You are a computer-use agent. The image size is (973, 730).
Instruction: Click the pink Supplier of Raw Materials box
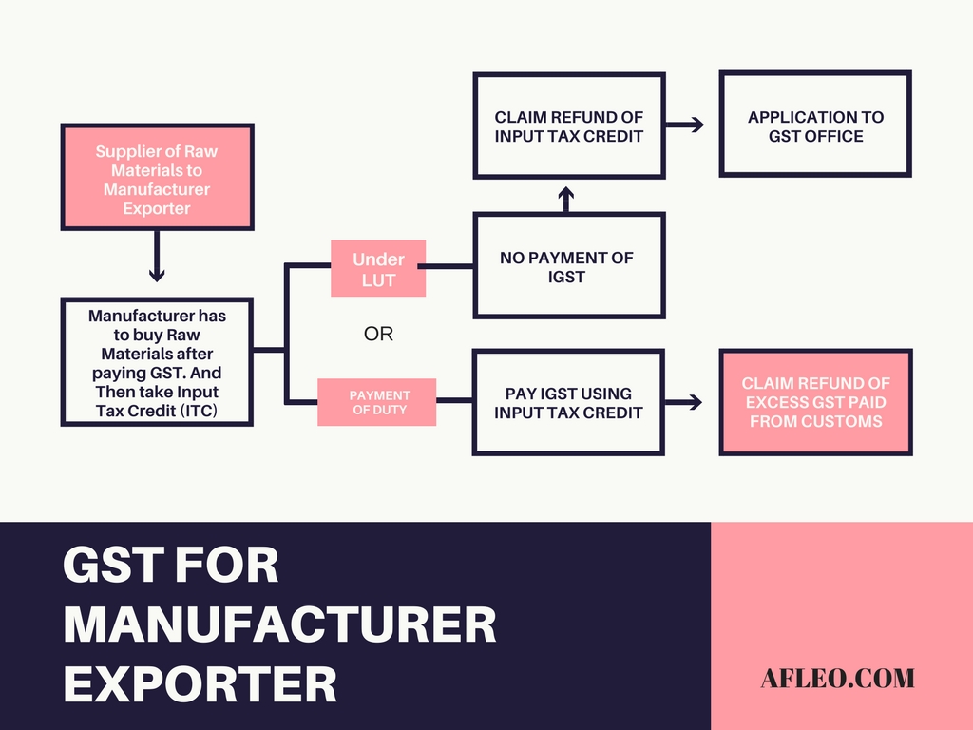tap(157, 178)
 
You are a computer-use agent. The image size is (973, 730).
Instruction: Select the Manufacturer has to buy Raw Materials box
tap(157, 363)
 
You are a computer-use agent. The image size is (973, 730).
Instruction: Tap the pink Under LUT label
tap(378, 267)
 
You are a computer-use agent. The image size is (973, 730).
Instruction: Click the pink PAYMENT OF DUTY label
tap(378, 402)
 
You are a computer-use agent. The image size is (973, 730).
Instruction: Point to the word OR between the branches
tap(378, 335)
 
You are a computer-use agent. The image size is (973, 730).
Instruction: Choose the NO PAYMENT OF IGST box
tap(568, 266)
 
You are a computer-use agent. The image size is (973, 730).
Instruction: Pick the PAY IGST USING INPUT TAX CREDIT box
tap(568, 402)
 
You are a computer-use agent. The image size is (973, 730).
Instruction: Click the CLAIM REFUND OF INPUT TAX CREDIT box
tap(568, 125)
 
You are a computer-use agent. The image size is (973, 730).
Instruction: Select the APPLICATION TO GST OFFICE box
tap(814, 125)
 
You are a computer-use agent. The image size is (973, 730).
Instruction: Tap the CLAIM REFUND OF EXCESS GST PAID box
tap(815, 402)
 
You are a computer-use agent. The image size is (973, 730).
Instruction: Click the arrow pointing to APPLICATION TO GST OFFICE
tap(686, 125)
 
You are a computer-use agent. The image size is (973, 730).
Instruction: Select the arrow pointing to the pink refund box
tap(686, 402)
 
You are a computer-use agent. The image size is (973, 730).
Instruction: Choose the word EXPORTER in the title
tap(200, 683)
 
